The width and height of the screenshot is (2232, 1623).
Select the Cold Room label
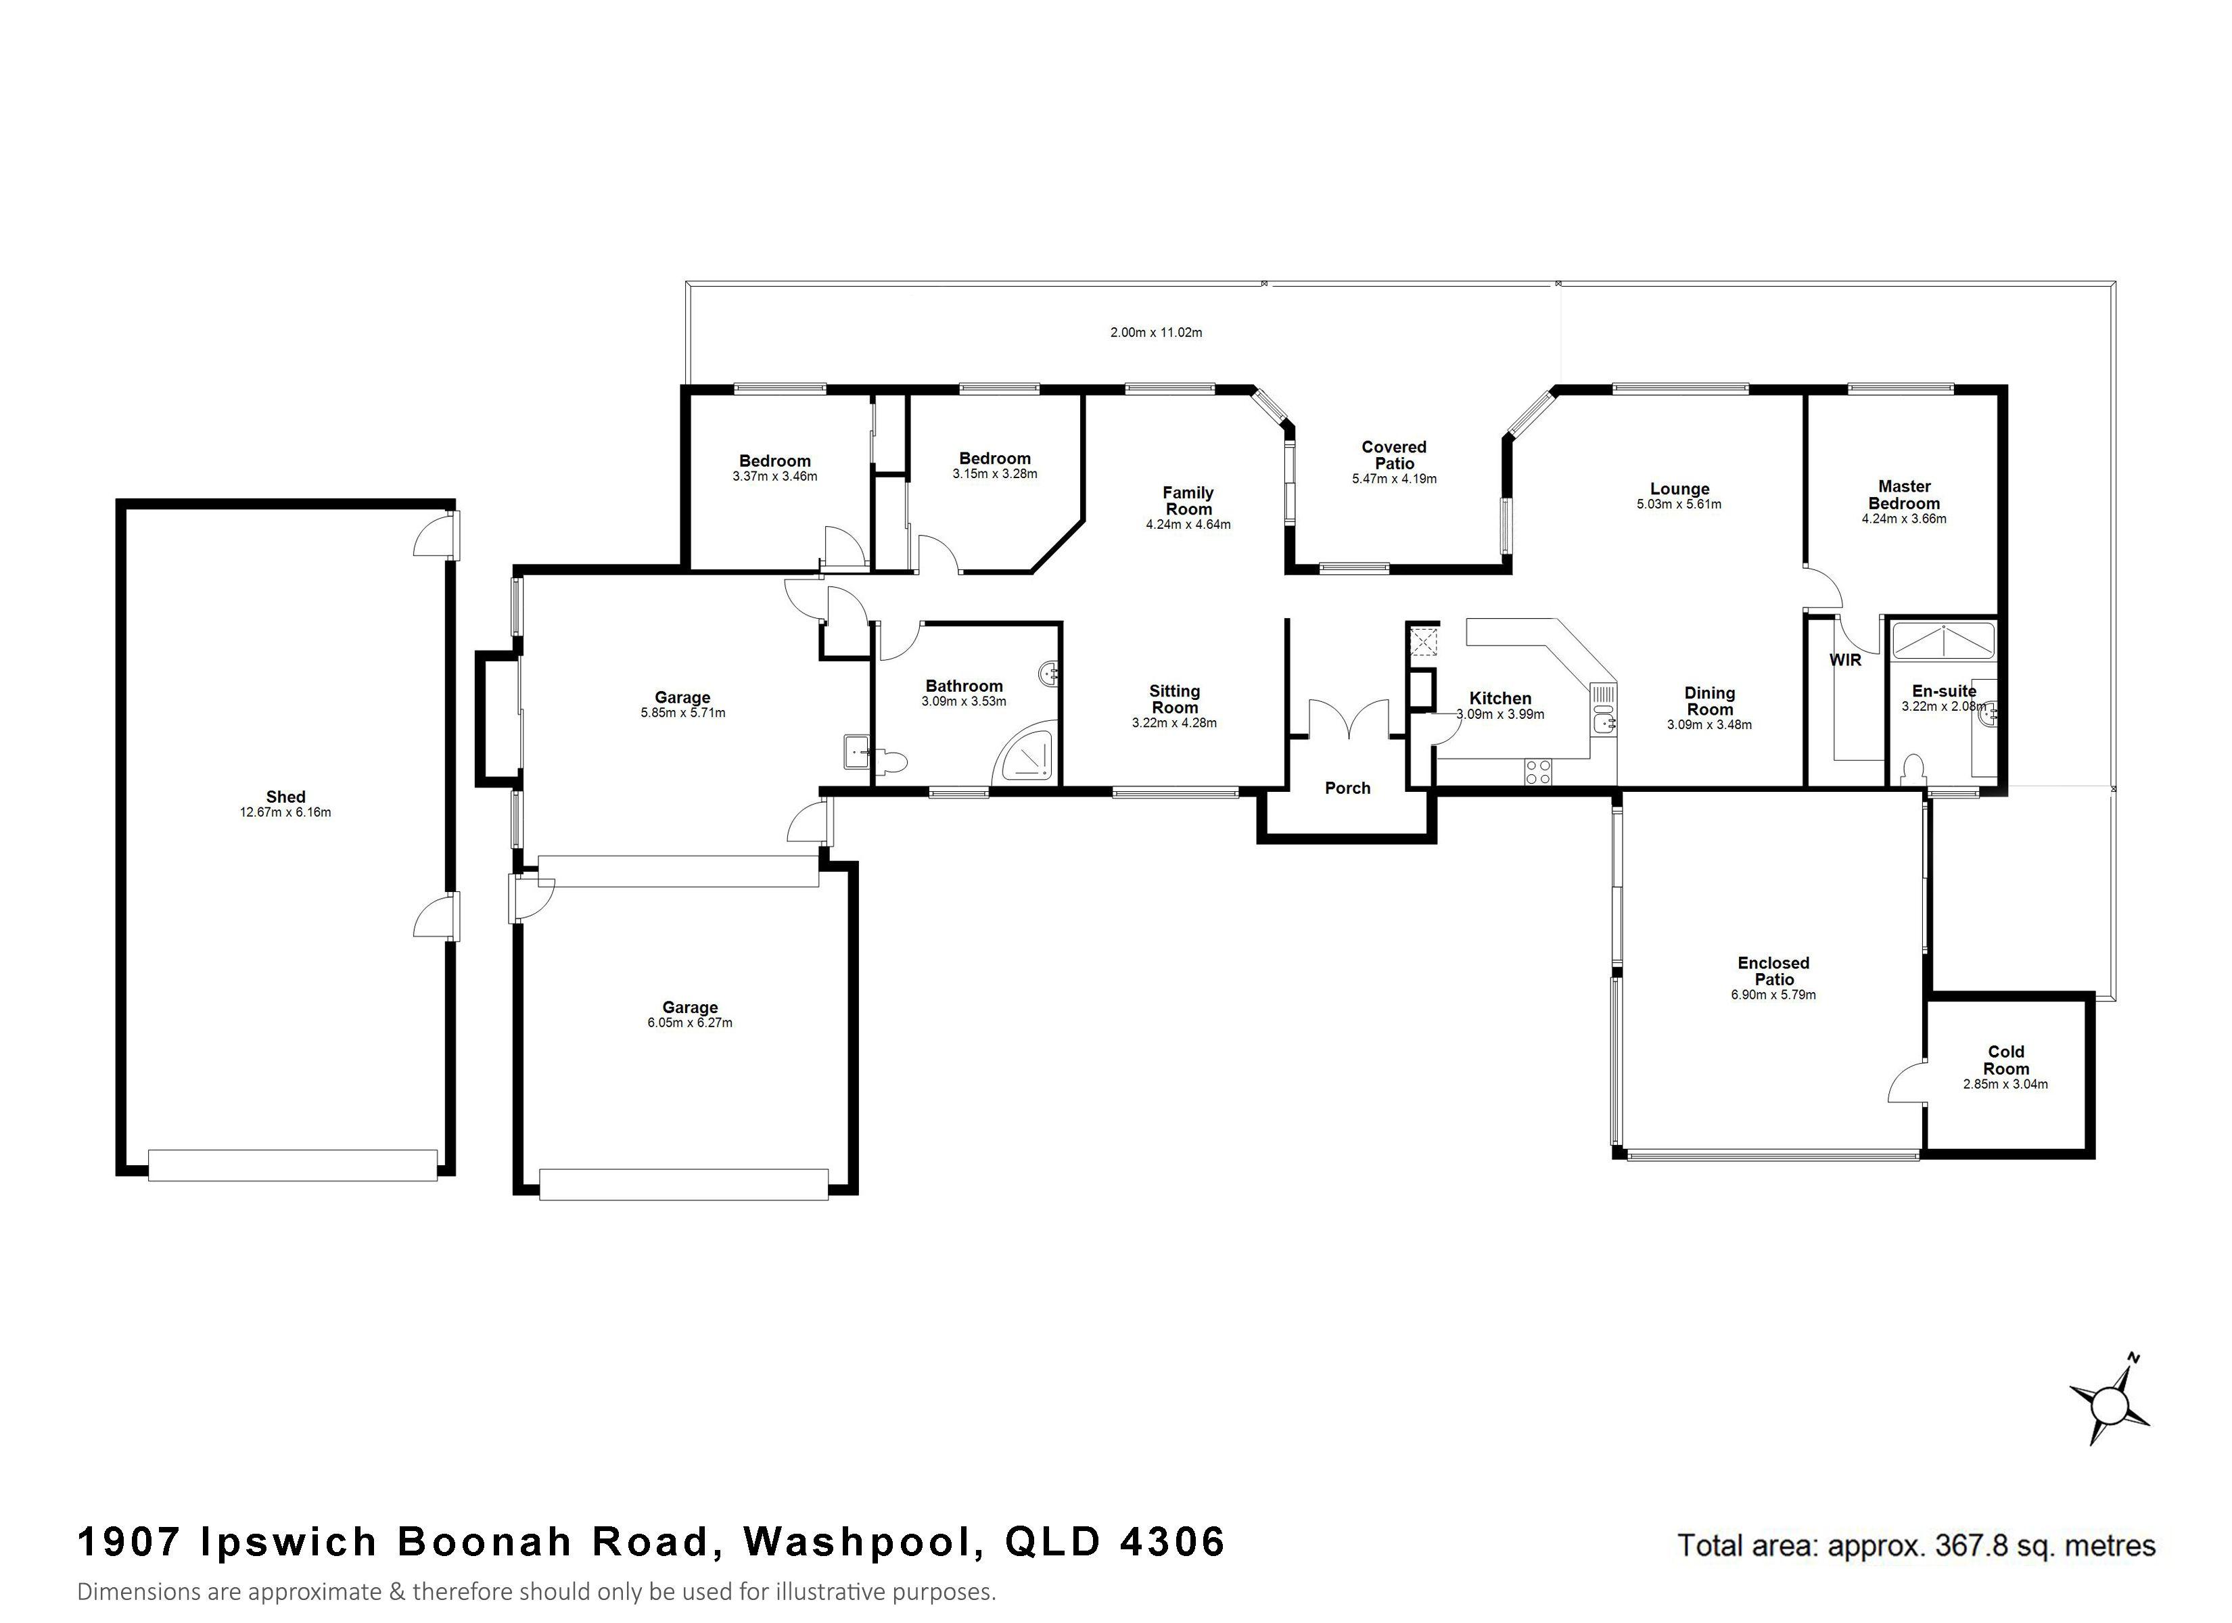click(2005, 1060)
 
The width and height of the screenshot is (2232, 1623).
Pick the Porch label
click(1347, 787)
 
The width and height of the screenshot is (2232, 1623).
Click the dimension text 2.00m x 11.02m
click(1157, 333)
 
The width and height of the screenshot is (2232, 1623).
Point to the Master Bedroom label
click(1904, 494)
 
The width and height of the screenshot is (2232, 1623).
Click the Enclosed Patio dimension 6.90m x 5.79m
click(1773, 995)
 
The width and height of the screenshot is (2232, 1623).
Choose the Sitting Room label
click(1174, 699)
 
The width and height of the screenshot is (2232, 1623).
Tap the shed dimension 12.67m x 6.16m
click(285, 813)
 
